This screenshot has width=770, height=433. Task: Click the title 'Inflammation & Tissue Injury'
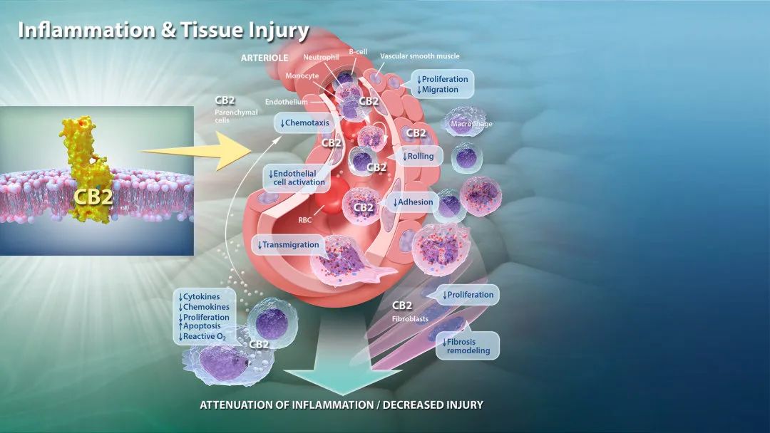(163, 31)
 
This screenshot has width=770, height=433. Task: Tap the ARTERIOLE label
(265, 58)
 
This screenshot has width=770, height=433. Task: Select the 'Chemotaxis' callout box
(304, 123)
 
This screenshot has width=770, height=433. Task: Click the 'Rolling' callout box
(419, 157)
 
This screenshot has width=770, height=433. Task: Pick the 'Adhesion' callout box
(413, 202)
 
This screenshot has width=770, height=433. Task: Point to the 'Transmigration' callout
(288, 245)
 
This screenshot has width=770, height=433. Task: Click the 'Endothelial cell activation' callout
(297, 177)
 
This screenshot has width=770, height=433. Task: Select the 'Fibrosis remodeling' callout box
(467, 345)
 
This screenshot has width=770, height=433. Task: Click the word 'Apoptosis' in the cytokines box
(202, 326)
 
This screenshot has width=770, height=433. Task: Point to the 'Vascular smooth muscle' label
(420, 56)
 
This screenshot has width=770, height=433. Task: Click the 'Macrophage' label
(471, 124)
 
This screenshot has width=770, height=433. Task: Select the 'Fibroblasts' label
(410, 319)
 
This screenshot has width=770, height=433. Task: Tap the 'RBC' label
(304, 220)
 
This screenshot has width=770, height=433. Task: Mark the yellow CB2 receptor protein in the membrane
(88, 169)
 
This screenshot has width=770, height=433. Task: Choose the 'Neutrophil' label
(321, 58)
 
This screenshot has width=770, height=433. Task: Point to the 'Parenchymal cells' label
(236, 116)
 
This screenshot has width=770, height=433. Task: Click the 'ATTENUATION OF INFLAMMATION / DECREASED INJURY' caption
(342, 405)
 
